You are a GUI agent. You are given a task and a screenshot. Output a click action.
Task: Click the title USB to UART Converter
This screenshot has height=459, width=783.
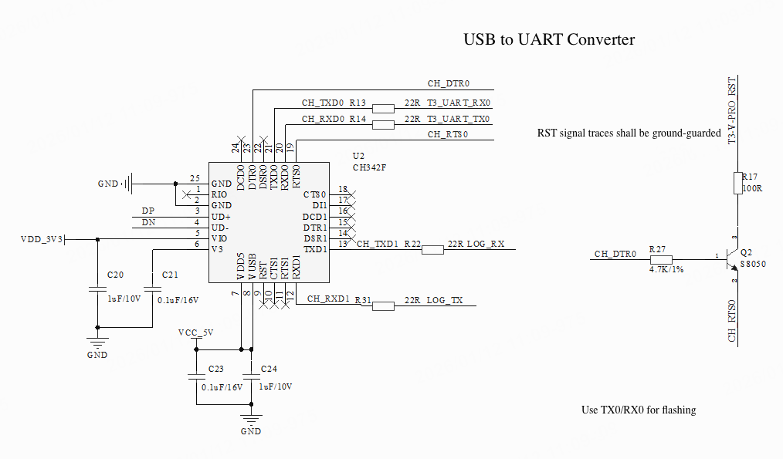click(x=548, y=39)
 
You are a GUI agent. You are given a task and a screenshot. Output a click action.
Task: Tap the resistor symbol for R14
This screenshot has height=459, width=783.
click(x=383, y=123)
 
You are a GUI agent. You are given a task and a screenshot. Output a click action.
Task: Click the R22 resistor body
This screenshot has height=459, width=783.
click(x=432, y=249)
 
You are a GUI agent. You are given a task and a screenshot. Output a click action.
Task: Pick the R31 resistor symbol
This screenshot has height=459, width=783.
click(x=383, y=305)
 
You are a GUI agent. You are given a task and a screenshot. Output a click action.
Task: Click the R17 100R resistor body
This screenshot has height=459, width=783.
click(x=737, y=184)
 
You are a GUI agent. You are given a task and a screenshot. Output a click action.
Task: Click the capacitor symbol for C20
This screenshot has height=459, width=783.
click(x=97, y=289)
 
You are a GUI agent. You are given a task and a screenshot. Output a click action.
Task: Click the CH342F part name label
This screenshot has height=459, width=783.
click(x=368, y=167)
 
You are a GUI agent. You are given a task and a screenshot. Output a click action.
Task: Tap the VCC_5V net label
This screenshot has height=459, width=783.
click(x=195, y=332)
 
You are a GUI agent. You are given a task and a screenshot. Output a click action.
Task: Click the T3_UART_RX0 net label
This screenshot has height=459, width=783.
click(x=459, y=102)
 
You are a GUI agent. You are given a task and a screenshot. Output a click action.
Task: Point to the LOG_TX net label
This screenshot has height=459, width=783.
click(x=445, y=299)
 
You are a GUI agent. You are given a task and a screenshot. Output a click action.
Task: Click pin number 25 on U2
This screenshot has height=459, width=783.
click(x=195, y=178)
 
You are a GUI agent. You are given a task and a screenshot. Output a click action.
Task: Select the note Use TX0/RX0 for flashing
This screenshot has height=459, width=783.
click(x=639, y=410)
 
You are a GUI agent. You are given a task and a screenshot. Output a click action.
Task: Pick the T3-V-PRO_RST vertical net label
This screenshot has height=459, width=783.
click(x=731, y=112)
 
